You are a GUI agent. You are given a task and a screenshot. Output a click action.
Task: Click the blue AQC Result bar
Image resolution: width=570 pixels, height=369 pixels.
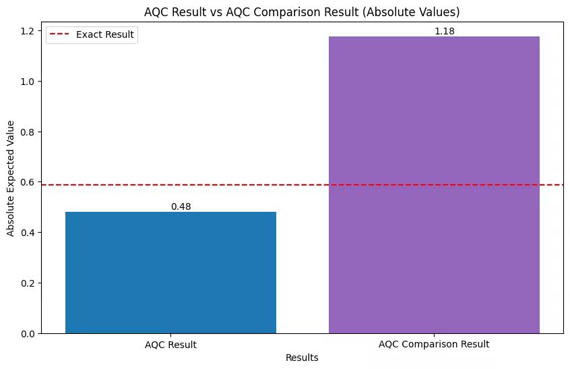tap(170, 273)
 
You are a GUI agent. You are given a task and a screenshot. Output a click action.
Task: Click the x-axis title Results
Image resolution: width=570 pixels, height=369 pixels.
tap(302, 358)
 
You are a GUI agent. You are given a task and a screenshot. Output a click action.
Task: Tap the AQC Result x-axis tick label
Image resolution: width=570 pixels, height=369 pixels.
tap(170, 344)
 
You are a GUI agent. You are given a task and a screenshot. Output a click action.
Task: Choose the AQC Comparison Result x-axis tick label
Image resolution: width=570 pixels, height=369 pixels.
tap(434, 344)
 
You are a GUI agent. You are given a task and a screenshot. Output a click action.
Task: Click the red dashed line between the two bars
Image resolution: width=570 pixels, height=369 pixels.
tap(303, 185)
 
